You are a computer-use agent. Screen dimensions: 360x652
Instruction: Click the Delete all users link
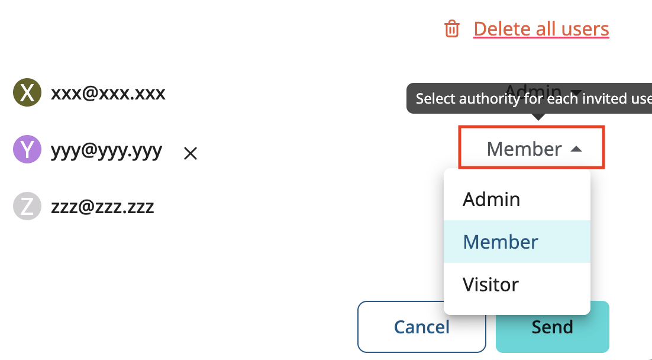(x=541, y=28)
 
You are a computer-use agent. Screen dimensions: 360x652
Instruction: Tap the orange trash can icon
(x=452, y=28)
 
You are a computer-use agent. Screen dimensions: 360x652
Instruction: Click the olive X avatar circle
(x=27, y=93)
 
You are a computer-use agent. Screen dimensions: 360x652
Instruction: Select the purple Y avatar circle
(x=27, y=149)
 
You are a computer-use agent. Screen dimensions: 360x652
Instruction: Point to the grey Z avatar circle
(x=27, y=207)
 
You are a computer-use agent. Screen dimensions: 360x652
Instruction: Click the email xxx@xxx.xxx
(x=108, y=93)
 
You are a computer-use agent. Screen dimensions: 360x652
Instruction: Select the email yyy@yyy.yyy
(x=106, y=150)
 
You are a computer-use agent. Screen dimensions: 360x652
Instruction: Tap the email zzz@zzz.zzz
(x=102, y=207)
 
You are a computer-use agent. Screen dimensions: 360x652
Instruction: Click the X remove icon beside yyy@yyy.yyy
(x=190, y=154)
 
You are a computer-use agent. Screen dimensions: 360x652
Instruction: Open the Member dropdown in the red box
(x=532, y=148)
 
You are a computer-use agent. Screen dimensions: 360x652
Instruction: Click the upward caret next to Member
(x=576, y=149)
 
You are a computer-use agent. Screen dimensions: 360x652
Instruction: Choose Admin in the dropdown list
(x=491, y=199)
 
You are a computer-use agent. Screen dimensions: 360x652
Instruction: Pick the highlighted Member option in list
(x=501, y=242)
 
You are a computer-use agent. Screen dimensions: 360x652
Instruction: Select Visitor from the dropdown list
(x=490, y=284)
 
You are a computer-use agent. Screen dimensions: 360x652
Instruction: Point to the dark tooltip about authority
(x=529, y=98)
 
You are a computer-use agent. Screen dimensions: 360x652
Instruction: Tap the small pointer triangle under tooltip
(x=538, y=117)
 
